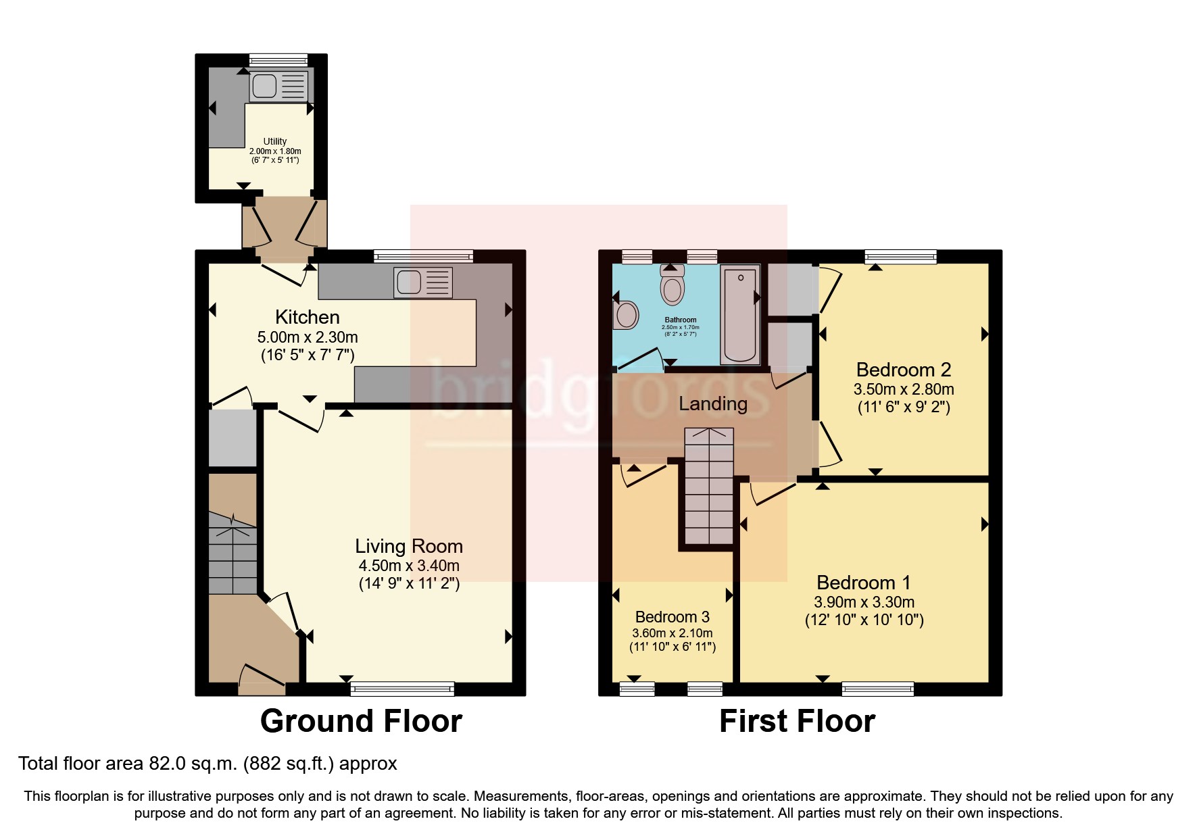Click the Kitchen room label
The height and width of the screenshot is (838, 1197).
[x=307, y=317]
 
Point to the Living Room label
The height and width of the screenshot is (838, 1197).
[x=409, y=546]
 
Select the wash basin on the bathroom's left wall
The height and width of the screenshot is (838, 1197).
[x=626, y=315]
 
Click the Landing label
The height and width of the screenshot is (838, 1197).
[x=712, y=403]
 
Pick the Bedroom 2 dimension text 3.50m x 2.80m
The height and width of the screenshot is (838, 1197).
[x=903, y=389]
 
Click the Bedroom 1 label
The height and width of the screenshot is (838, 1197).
[x=863, y=583]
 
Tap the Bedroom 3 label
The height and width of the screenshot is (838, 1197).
[x=672, y=617]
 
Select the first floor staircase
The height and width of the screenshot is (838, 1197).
[x=709, y=487]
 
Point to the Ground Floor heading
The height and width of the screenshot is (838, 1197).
[x=361, y=721]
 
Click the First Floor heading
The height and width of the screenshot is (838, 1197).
[x=797, y=721]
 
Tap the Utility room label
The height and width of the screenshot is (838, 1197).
[x=274, y=141]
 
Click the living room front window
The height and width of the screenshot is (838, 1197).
[x=402, y=689]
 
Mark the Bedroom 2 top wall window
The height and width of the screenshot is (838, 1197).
[x=900, y=256]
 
